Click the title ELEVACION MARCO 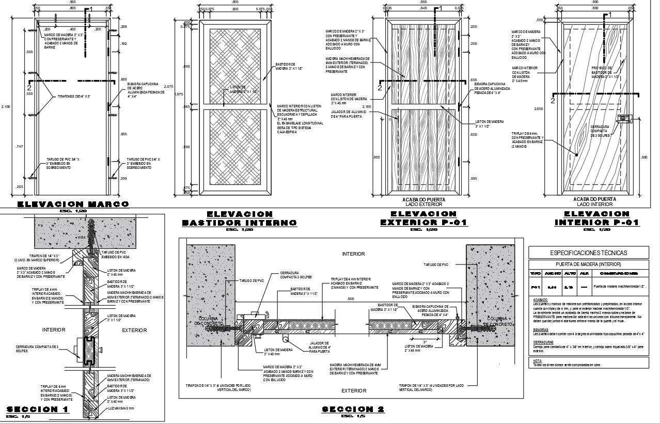coord(73,205)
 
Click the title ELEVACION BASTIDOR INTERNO coord(239,218)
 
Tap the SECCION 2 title coord(353,409)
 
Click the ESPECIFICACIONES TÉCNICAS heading coord(589,253)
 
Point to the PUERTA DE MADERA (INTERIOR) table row coord(589,264)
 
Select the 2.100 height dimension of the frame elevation coord(6,106)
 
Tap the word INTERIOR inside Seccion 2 coord(353,254)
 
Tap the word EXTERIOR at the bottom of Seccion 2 coord(353,391)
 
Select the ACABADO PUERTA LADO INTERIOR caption coord(596,201)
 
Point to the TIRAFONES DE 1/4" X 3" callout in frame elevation coord(74,97)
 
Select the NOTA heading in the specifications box coord(538,360)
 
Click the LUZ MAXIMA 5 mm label coord(121,409)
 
